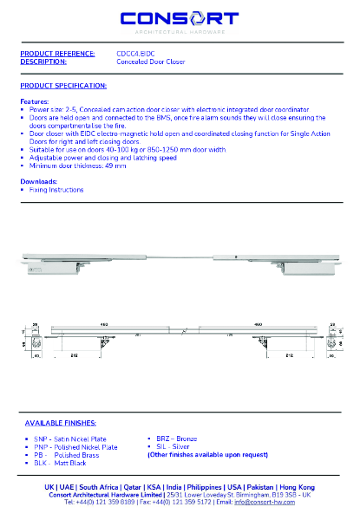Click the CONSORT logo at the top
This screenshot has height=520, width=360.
[x=179, y=18]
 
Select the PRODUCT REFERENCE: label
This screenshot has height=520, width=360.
[x=57, y=54]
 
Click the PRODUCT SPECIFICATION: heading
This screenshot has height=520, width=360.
[x=63, y=86]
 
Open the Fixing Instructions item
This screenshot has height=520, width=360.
[x=56, y=189]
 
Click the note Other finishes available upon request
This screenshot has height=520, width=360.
[x=207, y=454]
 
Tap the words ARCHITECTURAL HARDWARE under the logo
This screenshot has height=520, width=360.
[x=180, y=32]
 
